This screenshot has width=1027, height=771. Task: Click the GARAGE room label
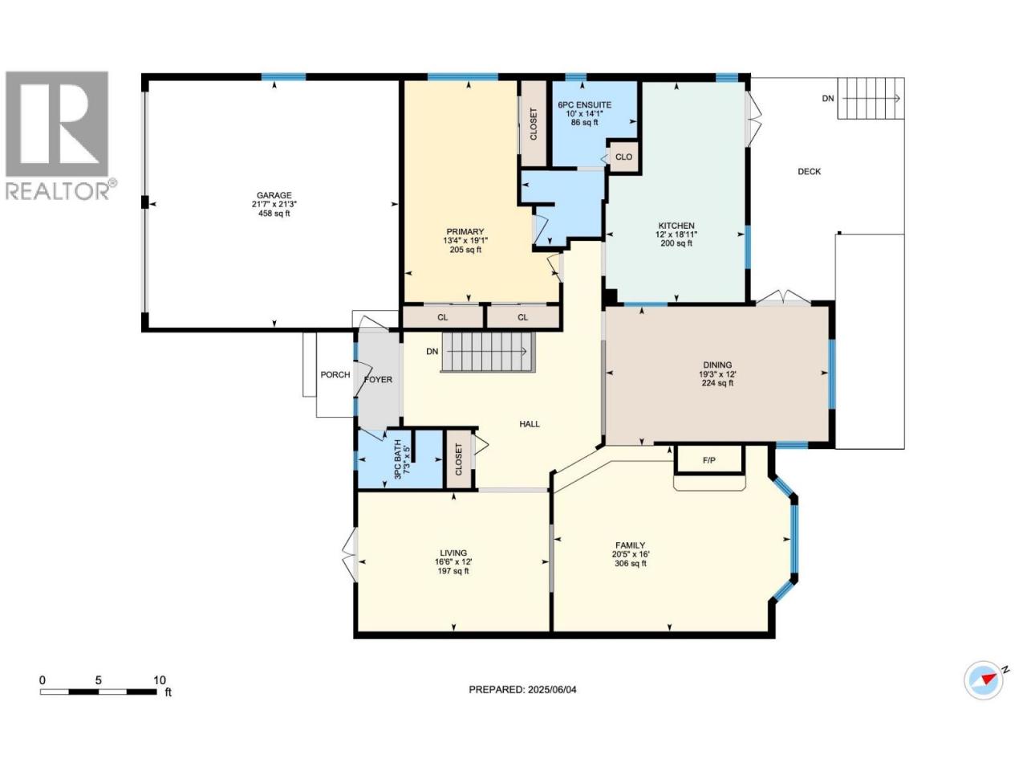274,195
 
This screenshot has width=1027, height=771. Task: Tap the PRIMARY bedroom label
465,232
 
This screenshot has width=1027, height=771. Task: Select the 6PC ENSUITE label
584,105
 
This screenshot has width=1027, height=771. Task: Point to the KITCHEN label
676,226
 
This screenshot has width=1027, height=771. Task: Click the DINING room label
717,365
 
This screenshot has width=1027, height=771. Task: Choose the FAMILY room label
630,545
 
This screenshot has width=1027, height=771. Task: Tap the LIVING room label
453,553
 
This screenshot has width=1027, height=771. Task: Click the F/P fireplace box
708,459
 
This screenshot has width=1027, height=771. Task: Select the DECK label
809,172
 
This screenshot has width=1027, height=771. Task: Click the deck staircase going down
871,98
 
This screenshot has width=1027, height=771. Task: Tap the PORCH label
335,375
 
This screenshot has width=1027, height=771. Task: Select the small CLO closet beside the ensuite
623,157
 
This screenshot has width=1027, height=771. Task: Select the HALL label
530,424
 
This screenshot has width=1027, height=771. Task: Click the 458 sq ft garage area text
274,214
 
